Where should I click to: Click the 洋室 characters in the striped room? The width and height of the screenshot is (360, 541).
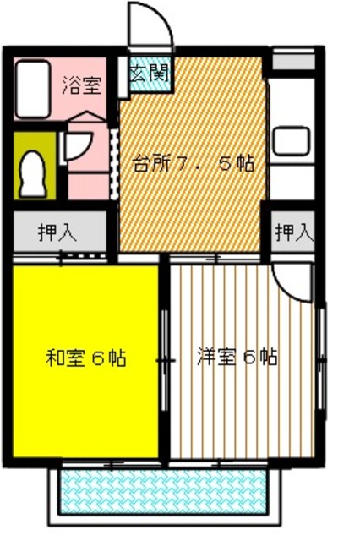(x=215, y=356)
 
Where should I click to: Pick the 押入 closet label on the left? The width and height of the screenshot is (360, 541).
(x=57, y=232)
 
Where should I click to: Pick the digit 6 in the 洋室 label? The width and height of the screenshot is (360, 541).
(x=246, y=356)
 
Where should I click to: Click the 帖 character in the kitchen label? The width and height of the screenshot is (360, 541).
(x=245, y=163)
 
